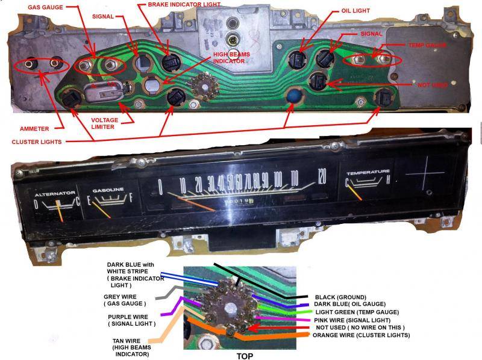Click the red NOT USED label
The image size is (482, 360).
[x=432, y=85]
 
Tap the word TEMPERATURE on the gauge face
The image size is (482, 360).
[x=368, y=173]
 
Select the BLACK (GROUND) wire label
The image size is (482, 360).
[x=342, y=297]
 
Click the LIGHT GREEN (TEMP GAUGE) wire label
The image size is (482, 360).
[x=356, y=312]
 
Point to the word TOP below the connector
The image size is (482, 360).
[x=245, y=356]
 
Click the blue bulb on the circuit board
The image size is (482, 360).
[x=293, y=96]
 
